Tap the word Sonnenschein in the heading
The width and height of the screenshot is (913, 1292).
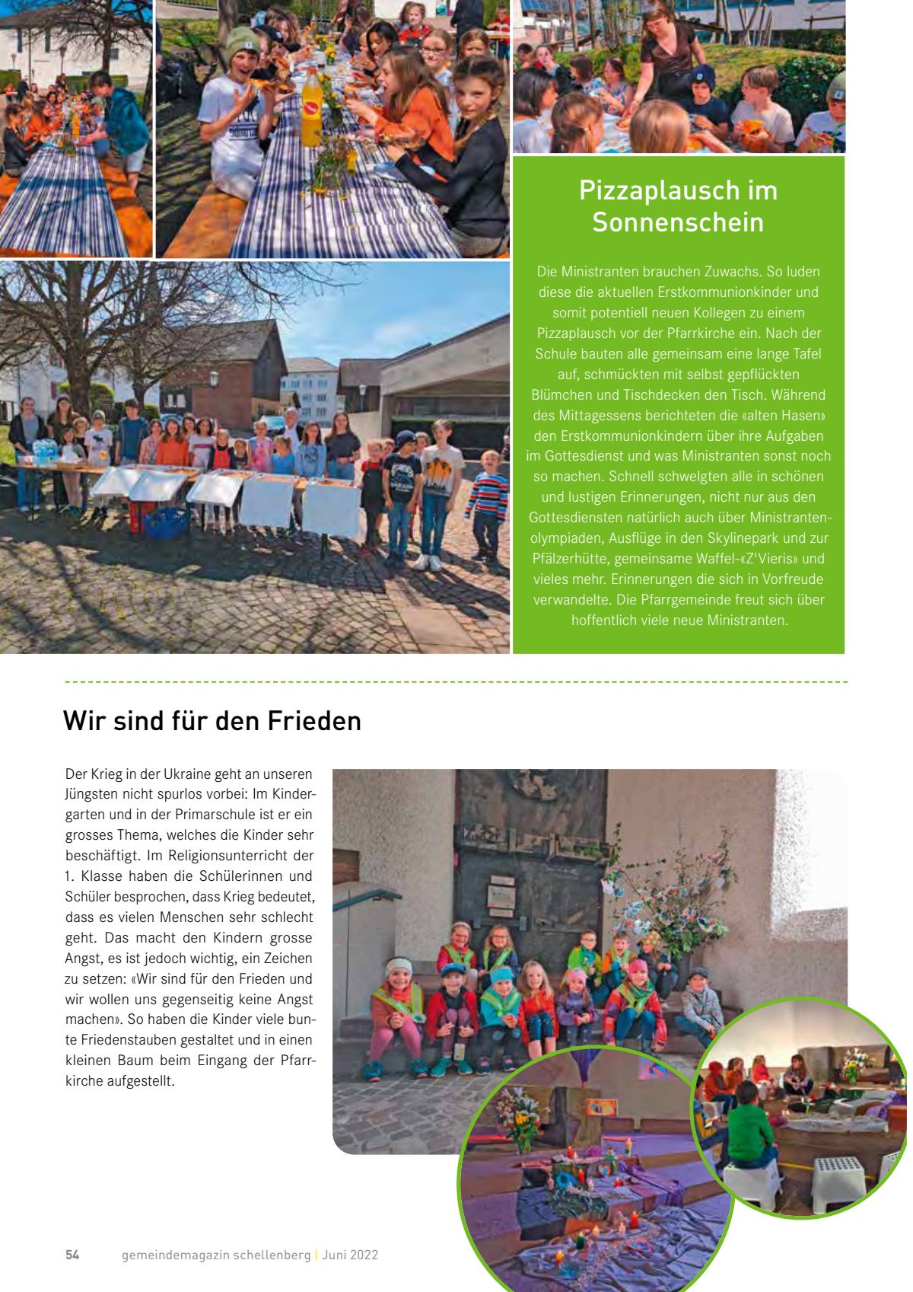[x=678, y=222]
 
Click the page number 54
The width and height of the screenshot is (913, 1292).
[x=72, y=1255]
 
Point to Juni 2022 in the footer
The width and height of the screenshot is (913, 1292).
[x=350, y=1255]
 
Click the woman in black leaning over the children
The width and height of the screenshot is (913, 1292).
[x=666, y=61]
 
